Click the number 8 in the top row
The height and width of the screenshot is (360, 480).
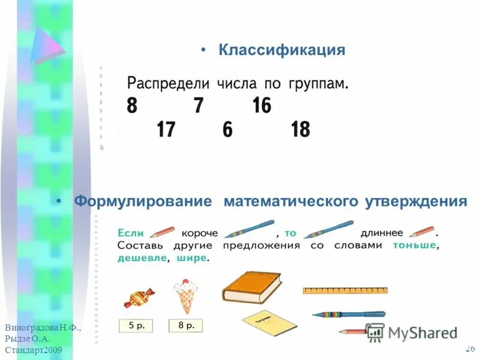pyautogui.click(x=132, y=106)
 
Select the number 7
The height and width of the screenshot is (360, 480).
pyautogui.click(x=198, y=106)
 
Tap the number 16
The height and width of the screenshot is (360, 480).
pyautogui.click(x=262, y=106)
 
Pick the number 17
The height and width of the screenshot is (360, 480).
pyautogui.click(x=166, y=129)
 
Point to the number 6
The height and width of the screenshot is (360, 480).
pyautogui.click(x=227, y=129)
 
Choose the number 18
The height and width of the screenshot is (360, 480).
pyautogui.click(x=300, y=129)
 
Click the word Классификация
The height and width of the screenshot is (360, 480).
pyautogui.click(x=282, y=50)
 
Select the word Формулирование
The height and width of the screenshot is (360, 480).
pyautogui.click(x=143, y=201)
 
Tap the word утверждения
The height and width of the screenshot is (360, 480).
pyautogui.click(x=416, y=201)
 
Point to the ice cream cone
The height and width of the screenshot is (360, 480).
pyautogui.click(x=185, y=295)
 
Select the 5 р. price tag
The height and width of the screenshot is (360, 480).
pyautogui.click(x=136, y=326)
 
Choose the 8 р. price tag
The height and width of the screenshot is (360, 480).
pyautogui.click(x=185, y=326)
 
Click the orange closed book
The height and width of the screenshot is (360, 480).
pyautogui.click(x=252, y=286)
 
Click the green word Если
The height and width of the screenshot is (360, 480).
pyautogui.click(x=130, y=232)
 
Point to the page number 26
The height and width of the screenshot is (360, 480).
pyautogui.click(x=470, y=349)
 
